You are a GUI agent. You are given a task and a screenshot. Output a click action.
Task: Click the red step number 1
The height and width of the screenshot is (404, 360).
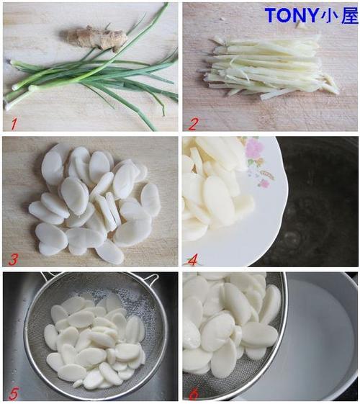(x=14, y=124)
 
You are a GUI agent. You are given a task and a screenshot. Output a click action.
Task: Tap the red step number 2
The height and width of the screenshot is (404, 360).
(x=193, y=124)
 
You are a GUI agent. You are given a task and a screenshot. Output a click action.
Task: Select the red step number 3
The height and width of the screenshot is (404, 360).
(x=13, y=259)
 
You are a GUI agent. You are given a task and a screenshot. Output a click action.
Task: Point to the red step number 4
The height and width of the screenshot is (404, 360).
(x=193, y=259)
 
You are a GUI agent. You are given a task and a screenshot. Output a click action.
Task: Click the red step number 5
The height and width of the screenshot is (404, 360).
(x=13, y=394)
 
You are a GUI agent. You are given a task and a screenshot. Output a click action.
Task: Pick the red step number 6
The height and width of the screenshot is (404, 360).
(x=193, y=394)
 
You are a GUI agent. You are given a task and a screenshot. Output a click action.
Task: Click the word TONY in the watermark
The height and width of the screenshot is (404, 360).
(x=292, y=15)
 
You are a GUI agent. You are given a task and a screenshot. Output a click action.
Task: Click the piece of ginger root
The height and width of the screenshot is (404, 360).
(x=95, y=38)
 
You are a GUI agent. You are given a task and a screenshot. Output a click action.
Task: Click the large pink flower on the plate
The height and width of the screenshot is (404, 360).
(x=254, y=148)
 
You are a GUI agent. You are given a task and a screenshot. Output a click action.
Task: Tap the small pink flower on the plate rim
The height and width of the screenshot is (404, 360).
(x=264, y=184)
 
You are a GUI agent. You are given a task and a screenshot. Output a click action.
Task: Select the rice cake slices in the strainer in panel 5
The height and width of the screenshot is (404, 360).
(x=95, y=343)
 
